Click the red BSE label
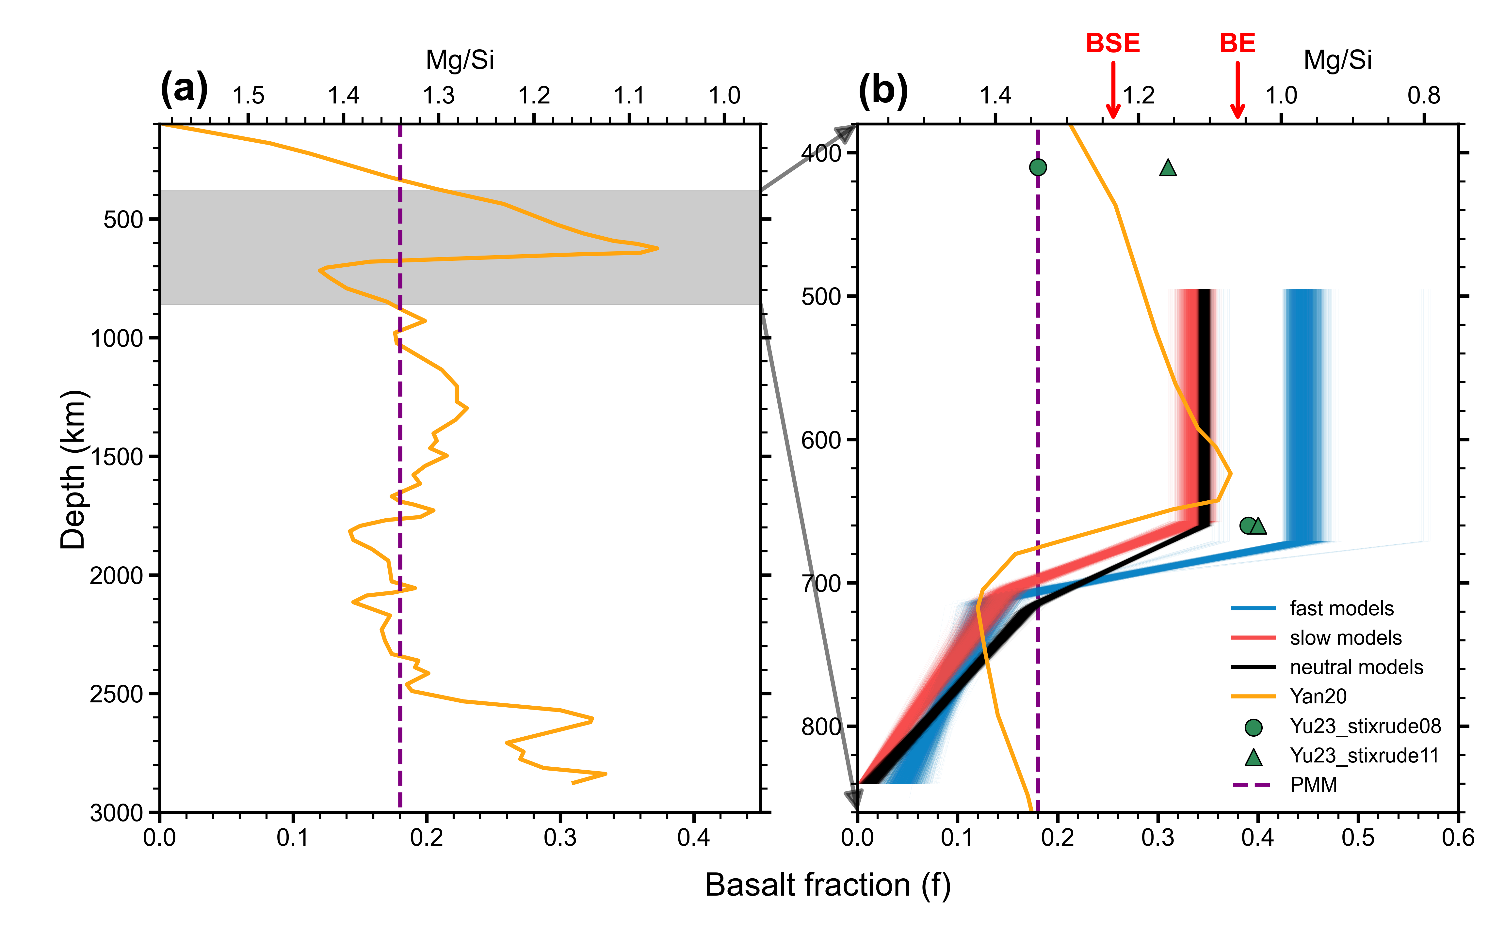point(1112,43)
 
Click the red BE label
point(1237,43)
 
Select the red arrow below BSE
point(1112,90)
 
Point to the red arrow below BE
point(1238,90)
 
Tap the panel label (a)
point(184,89)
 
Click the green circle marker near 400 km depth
point(1037,167)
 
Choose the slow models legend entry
point(1345,638)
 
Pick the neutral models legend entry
point(1356,667)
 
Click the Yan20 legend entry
point(1318,696)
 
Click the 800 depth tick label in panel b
point(821,726)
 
